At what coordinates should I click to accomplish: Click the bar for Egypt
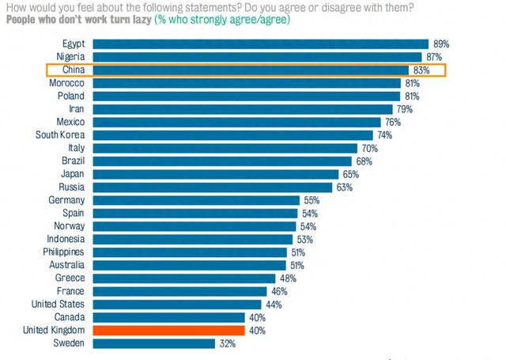[260, 44]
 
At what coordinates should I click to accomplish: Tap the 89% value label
[440, 44]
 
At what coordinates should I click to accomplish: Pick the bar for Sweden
[153, 343]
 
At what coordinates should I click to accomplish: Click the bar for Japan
[215, 173]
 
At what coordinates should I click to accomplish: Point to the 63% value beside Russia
[343, 187]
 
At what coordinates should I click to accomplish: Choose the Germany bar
[196, 200]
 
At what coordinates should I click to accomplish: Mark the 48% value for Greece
[287, 279]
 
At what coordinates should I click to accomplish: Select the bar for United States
[177, 304]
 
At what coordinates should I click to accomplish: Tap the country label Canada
[70, 317]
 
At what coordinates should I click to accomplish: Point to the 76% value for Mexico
[393, 122]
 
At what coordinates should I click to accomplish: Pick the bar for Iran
[242, 109]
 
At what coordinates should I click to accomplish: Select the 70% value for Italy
[370, 148]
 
